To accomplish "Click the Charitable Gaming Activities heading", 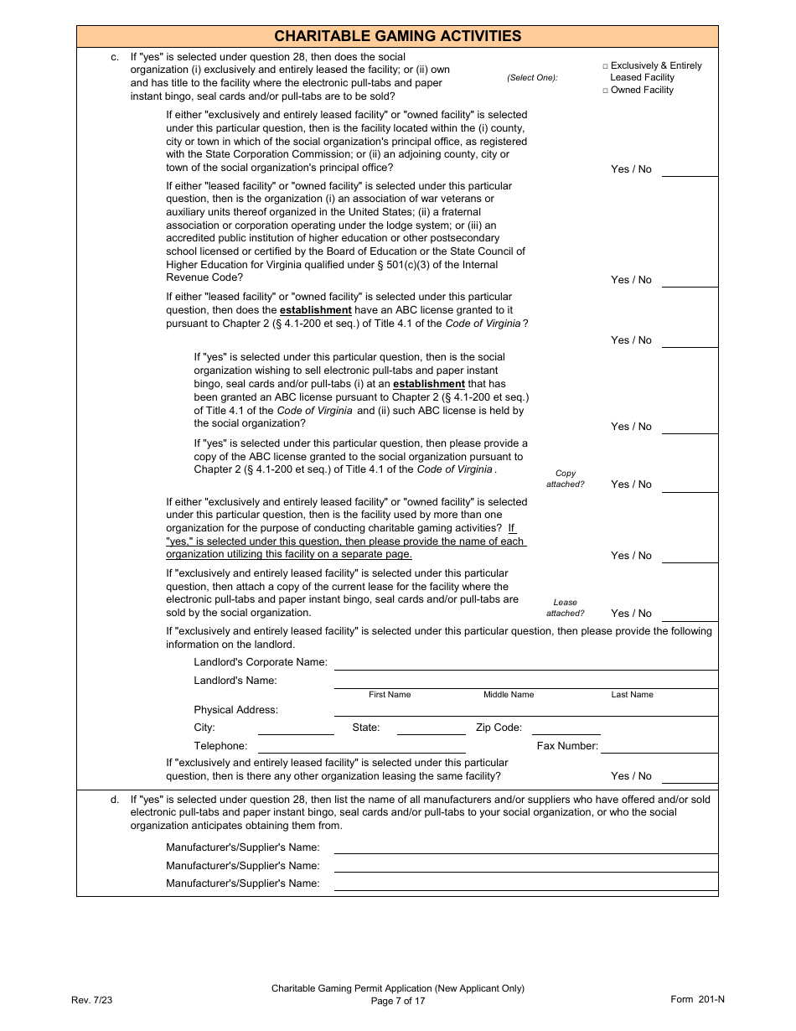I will (397, 36).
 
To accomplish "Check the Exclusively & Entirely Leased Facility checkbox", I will (606, 65).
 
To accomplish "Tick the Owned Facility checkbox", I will (606, 91).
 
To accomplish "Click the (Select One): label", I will (532, 78).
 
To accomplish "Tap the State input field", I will (431, 728).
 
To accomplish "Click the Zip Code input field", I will (566, 728).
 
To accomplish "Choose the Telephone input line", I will (361, 747).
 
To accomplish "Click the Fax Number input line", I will (659, 747).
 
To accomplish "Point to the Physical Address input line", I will (525, 711).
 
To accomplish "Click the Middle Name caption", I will (509, 695).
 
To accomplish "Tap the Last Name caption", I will (632, 695).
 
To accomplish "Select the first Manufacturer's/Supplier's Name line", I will (525, 848).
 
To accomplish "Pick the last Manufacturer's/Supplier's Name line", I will (525, 884).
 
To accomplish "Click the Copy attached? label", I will (566, 479).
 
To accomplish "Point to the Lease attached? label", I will (566, 608).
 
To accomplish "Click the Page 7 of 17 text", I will (398, 1001).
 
